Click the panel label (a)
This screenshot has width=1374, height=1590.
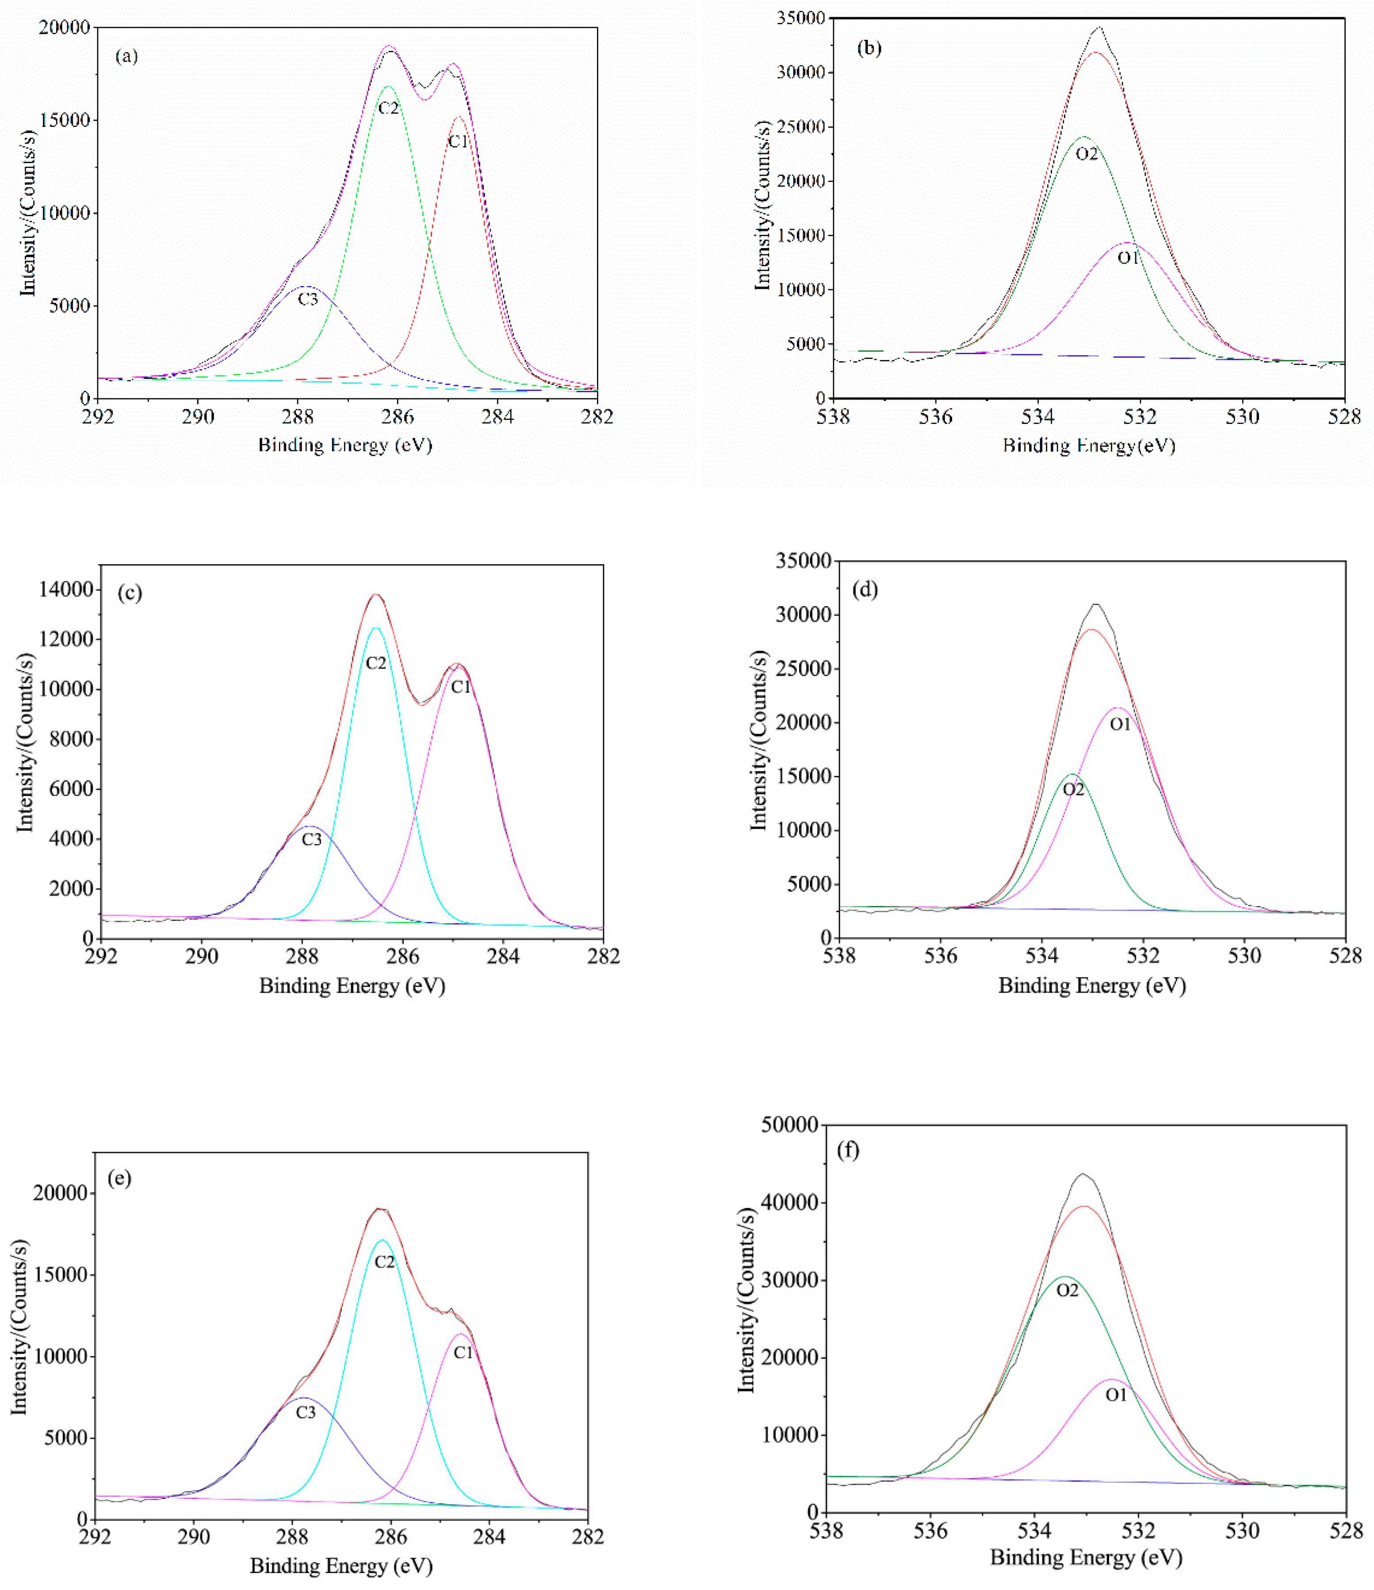point(126,56)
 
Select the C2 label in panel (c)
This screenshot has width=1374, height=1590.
point(375,663)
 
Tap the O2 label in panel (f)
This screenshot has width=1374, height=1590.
point(1067,1291)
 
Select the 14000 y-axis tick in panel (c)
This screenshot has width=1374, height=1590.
point(66,589)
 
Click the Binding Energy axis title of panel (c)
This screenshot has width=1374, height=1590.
point(352,985)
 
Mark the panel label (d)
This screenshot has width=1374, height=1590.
point(865,589)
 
